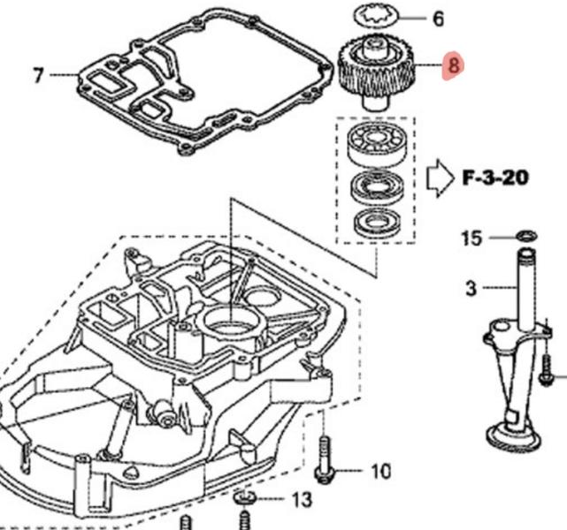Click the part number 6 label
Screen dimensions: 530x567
coord(437,18)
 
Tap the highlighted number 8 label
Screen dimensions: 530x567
coord(454,65)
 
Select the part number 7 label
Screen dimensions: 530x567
coord(38,76)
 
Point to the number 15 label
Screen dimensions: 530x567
coord(472,238)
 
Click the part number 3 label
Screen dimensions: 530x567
coord(471,288)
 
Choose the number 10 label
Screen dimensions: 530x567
coord(379,472)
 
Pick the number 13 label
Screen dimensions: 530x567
coord(302,500)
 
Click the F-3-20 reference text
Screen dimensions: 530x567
coord(495,178)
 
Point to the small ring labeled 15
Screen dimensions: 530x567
coord(525,235)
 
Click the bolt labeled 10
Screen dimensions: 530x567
coord(326,459)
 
